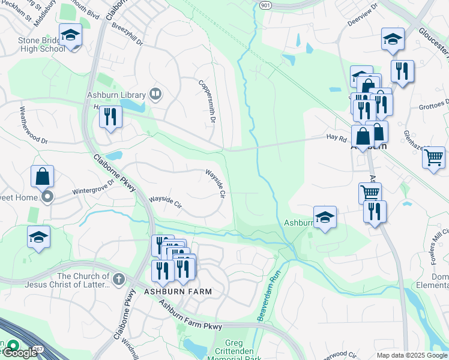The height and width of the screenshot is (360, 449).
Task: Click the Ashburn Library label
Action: pyautogui.click(x=116, y=95)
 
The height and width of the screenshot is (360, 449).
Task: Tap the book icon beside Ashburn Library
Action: pyautogui.click(x=155, y=94)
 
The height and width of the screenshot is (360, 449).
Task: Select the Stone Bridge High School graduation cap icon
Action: pyautogui.click(x=70, y=35)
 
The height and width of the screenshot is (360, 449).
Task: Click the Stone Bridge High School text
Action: pyautogui.click(x=33, y=44)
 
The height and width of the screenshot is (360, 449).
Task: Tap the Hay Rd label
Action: pyautogui.click(x=337, y=137)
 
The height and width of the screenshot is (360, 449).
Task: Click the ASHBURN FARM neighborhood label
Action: pyautogui.click(x=178, y=291)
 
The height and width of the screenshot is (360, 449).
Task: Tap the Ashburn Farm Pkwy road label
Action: pyautogui.click(x=191, y=315)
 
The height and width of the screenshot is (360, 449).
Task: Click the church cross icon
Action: pyautogui.click(x=119, y=278)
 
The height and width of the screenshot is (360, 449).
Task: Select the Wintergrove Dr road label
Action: pyautogui.click(x=94, y=187)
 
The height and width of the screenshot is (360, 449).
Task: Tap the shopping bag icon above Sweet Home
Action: pyautogui.click(x=42, y=176)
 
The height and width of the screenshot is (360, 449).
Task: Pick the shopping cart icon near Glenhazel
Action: pyautogui.click(x=433, y=158)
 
